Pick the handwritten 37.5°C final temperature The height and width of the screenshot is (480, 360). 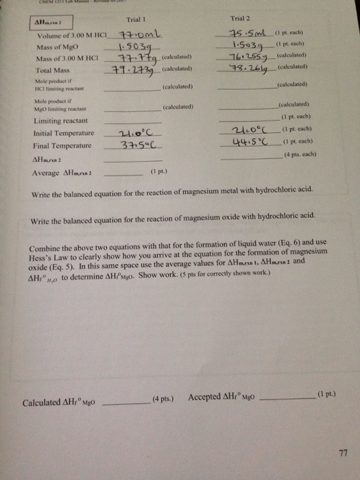139,145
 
